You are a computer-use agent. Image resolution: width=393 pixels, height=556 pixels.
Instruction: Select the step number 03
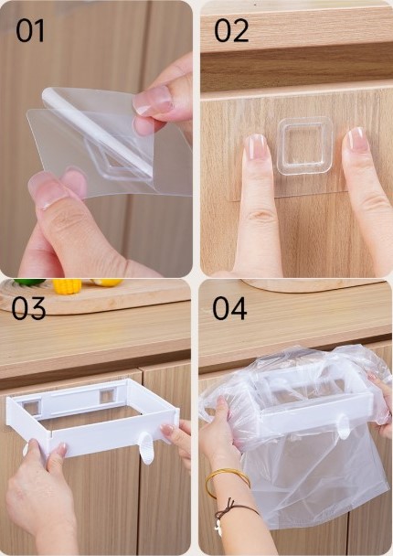(x=30, y=309)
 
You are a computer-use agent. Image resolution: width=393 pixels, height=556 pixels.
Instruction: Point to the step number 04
(x=230, y=309)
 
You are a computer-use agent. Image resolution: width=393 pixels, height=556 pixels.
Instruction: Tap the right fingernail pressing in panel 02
(x=356, y=140)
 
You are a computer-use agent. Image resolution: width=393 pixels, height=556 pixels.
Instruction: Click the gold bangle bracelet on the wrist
(x=227, y=479)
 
